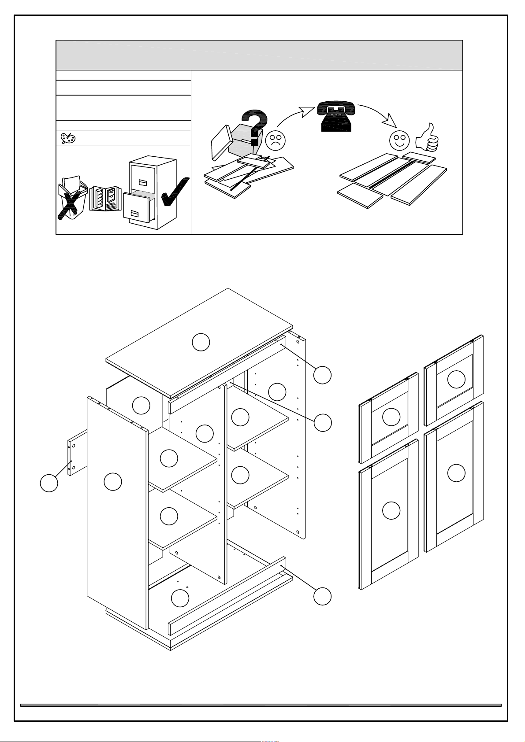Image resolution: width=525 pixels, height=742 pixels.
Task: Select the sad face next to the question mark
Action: (x=276, y=140)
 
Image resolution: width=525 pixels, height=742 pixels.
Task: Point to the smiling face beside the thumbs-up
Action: (x=399, y=140)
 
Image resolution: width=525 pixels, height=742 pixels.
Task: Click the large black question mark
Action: (x=253, y=127)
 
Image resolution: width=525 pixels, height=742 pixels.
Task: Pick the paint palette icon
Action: (x=68, y=138)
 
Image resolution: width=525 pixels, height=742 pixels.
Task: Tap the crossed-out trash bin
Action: (x=71, y=198)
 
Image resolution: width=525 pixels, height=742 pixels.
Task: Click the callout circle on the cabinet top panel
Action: (x=201, y=342)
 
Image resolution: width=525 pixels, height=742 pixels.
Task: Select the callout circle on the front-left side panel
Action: (x=113, y=482)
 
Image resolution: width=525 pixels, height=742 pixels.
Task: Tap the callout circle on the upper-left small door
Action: (x=391, y=417)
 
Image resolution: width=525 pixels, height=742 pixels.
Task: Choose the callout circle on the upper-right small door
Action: (x=456, y=379)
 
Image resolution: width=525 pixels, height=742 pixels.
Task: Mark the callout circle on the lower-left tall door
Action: (x=391, y=510)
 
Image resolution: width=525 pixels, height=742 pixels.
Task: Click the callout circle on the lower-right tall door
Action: (x=456, y=473)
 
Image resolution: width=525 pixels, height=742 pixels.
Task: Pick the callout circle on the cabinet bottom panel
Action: (x=180, y=598)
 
